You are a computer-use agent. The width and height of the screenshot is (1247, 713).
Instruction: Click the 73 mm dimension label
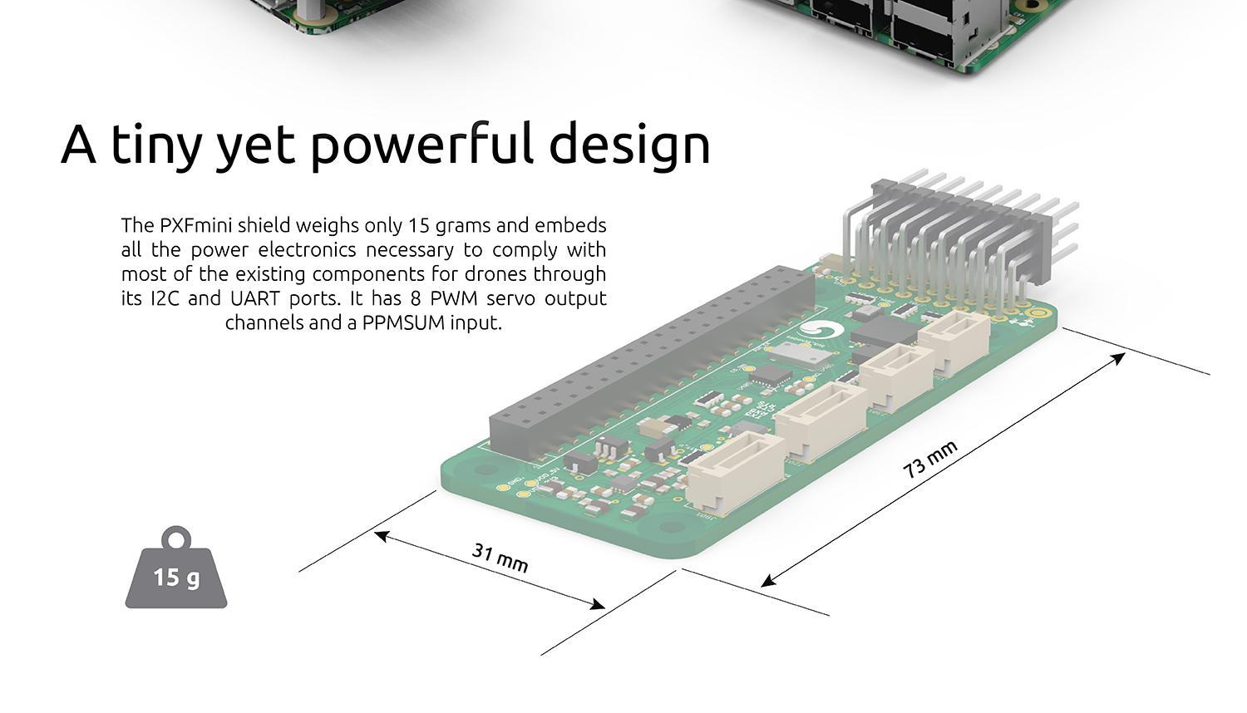pyautogui.click(x=930, y=459)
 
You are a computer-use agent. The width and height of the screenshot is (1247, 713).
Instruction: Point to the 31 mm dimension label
pyautogui.click(x=500, y=557)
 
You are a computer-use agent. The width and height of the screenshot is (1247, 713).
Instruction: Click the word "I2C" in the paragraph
pyautogui.click(x=165, y=297)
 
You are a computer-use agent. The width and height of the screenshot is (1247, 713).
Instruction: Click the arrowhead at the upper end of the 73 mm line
pyautogui.click(x=1120, y=357)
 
